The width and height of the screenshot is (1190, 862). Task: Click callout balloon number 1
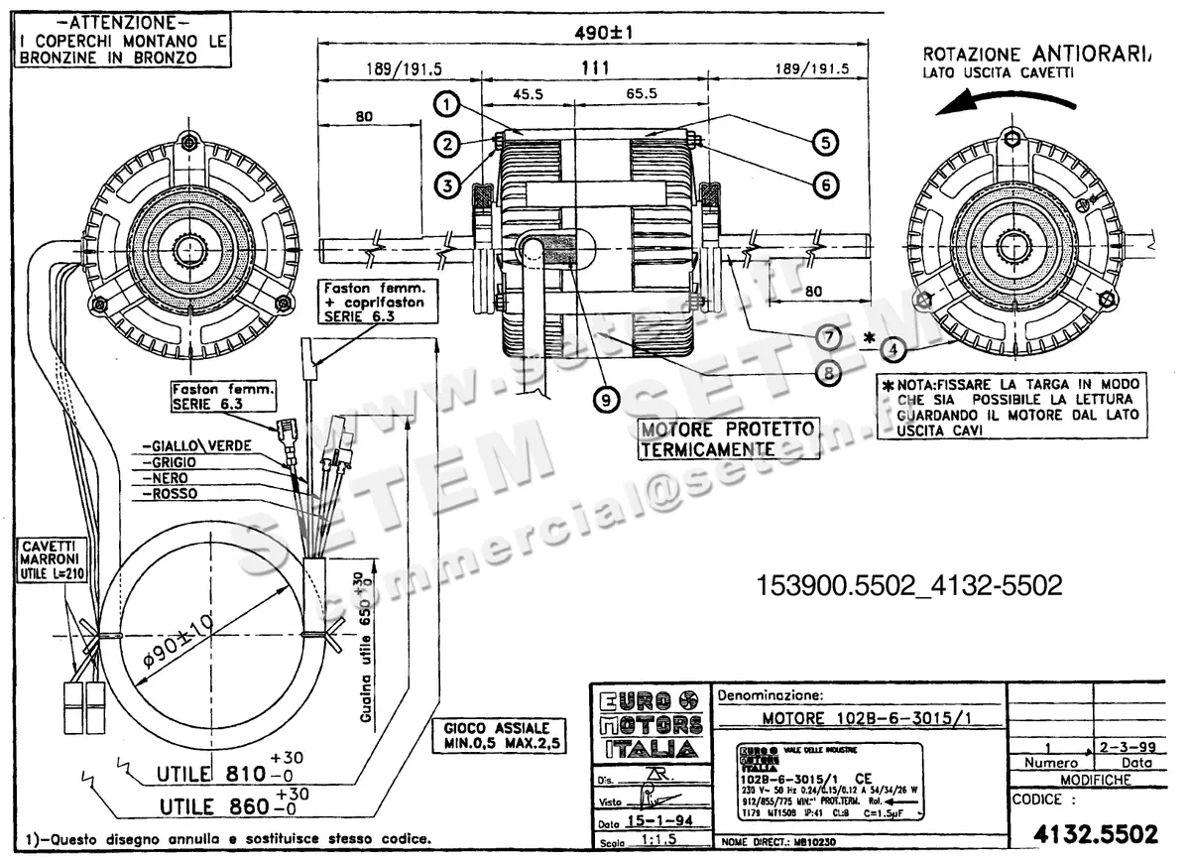point(448,103)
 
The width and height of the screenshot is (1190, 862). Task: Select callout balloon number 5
point(824,142)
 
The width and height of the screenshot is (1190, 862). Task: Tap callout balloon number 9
point(604,399)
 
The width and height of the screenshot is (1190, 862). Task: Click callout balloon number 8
point(828,373)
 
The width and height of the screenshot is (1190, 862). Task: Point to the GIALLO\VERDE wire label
point(196,445)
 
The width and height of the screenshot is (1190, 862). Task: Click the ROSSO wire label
point(170,493)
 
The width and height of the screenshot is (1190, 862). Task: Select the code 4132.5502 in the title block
point(1094,834)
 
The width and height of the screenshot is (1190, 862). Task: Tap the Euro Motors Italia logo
point(648,724)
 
